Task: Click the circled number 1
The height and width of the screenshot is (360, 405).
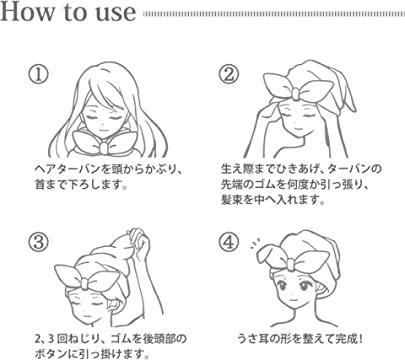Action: click(37, 75)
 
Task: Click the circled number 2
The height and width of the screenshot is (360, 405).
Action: click(229, 75)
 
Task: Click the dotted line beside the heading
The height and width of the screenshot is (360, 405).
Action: click(270, 15)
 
